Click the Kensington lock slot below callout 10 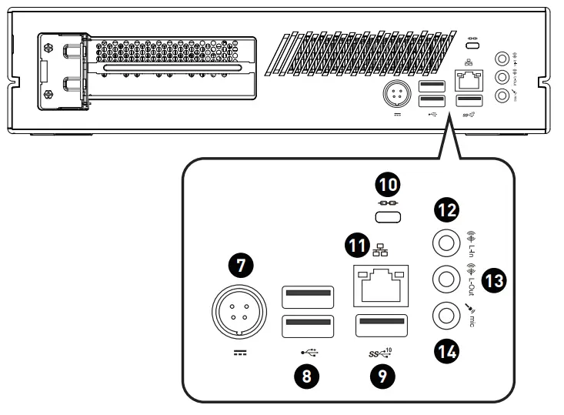[388, 218]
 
